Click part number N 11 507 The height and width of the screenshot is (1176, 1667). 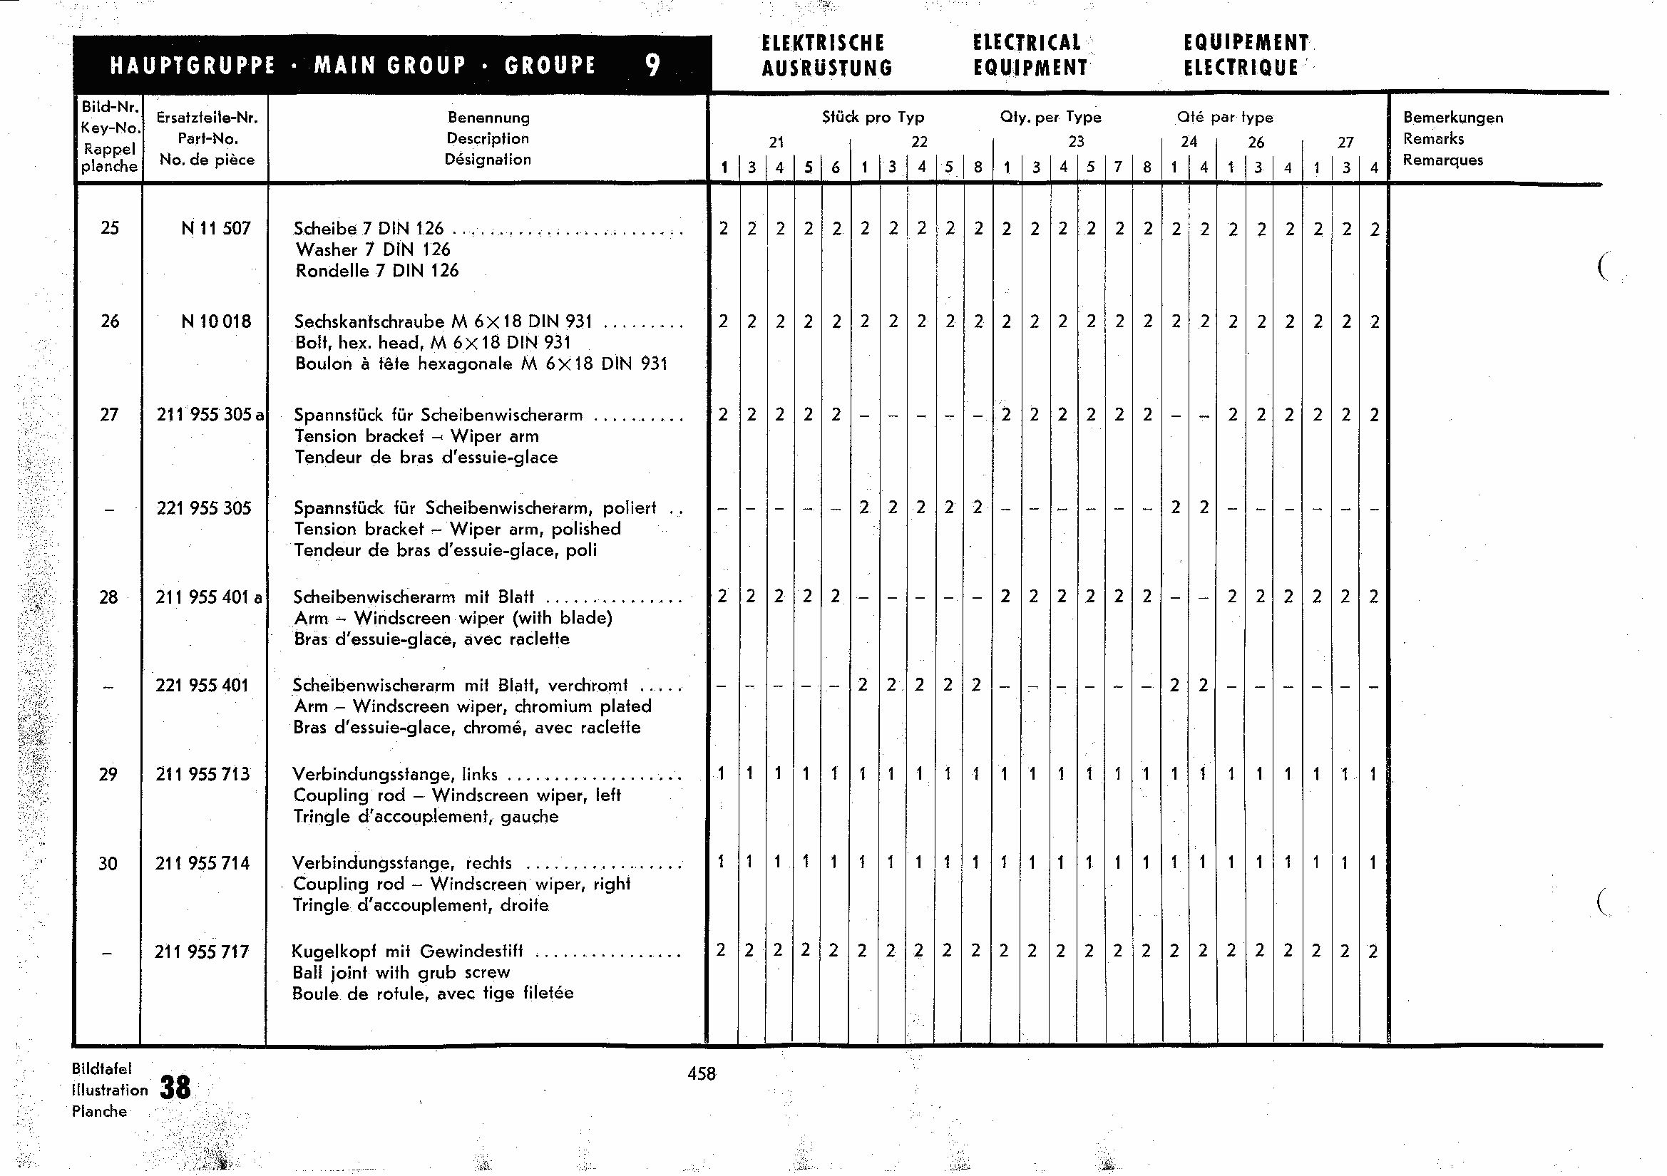tap(215, 228)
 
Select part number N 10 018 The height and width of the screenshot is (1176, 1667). tap(215, 321)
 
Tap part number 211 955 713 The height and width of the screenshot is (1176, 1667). tap(202, 774)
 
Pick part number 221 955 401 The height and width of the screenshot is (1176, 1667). tap(202, 685)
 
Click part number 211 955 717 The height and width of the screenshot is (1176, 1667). tap(202, 951)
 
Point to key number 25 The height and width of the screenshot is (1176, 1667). tap(110, 228)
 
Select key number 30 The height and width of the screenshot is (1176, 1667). tap(108, 863)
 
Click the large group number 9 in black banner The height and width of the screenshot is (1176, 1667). tap(652, 66)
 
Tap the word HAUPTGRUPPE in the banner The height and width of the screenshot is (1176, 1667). tap(193, 66)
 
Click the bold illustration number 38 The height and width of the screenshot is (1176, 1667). tap(175, 1088)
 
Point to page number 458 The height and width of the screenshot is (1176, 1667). tap(702, 1073)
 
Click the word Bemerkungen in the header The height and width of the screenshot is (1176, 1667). tap(1453, 118)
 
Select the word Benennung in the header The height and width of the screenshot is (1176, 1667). tap(488, 118)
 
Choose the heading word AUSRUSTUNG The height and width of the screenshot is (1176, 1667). tap(827, 68)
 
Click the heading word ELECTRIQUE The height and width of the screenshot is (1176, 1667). tap(1241, 68)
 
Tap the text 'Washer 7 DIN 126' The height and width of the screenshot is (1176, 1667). tap(373, 249)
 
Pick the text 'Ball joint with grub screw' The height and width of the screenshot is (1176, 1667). tap(401, 972)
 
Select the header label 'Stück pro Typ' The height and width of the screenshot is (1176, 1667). tap(873, 117)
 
